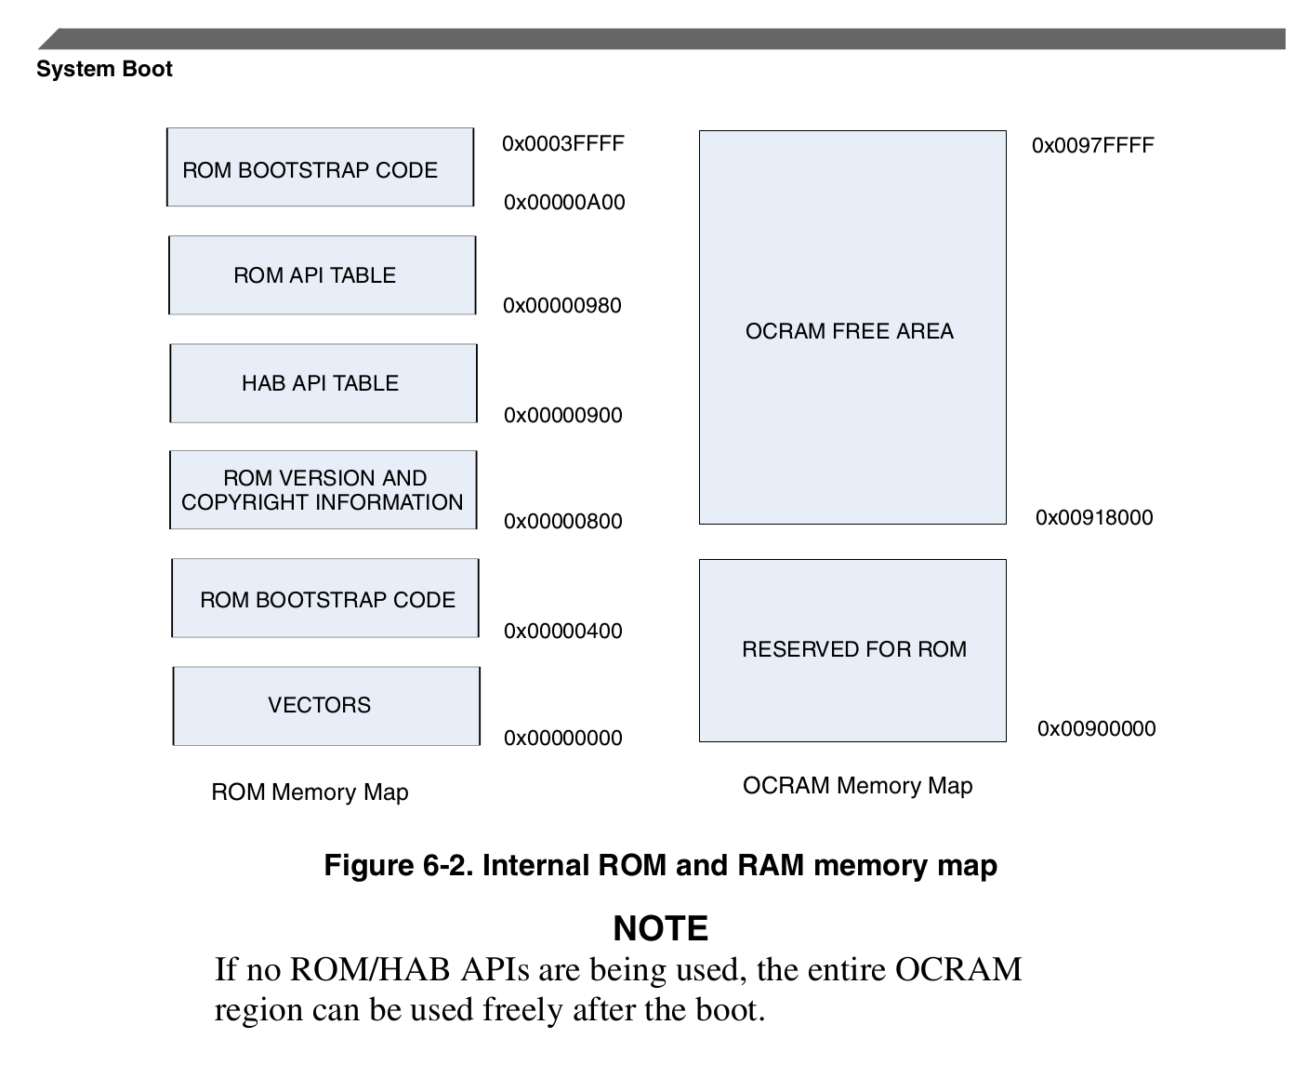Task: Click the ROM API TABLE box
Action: coord(322,275)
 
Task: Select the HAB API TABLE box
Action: coord(323,383)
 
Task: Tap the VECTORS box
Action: coord(325,705)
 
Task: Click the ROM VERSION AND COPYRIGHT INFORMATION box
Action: coord(323,490)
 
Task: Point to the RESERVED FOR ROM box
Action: coord(852,649)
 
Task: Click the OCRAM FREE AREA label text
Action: coord(849,331)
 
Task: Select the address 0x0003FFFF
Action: coord(562,143)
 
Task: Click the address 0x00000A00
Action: coord(563,202)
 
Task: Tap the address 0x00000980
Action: coord(561,305)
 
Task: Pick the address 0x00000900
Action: coord(562,415)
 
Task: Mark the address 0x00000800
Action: coord(562,521)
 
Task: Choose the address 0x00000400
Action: coord(562,631)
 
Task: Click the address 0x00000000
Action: coord(562,738)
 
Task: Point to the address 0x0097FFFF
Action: coord(1092,145)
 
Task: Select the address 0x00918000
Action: coord(1093,517)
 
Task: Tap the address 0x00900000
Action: coord(1096,728)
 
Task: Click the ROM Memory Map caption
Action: coord(310,792)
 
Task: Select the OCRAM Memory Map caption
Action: coord(857,785)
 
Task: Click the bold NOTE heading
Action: coord(660,927)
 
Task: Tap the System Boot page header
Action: coord(104,69)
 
